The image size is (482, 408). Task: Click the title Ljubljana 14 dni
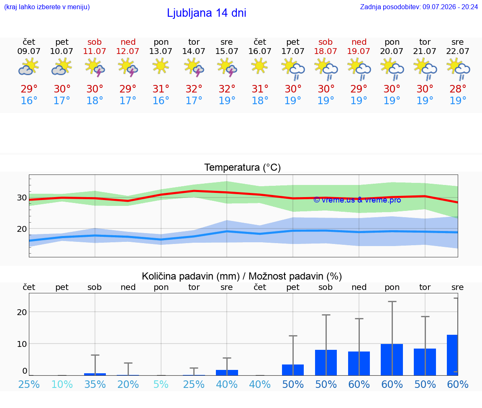(x=207, y=13)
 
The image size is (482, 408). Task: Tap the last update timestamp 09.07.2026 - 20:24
(x=450, y=7)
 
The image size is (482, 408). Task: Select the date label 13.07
(x=161, y=51)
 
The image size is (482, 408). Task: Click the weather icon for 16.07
(x=260, y=67)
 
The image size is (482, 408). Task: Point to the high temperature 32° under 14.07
(x=194, y=89)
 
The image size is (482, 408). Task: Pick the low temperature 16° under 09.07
(x=29, y=100)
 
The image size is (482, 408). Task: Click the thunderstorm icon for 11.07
(x=95, y=68)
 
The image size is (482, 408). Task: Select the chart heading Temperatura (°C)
(x=243, y=167)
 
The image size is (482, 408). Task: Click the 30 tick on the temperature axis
(x=22, y=198)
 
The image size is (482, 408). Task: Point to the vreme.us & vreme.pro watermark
(x=357, y=200)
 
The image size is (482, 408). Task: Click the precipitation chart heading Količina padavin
(x=191, y=276)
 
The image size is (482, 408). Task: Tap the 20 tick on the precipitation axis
(x=22, y=312)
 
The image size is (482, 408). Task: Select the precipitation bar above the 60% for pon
(x=392, y=360)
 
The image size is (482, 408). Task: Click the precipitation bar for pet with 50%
(x=293, y=370)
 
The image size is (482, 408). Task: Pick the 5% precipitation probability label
(x=161, y=384)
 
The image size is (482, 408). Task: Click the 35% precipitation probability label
(x=95, y=384)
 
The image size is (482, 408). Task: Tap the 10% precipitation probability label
(x=62, y=384)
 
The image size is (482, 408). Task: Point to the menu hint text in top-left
(x=47, y=7)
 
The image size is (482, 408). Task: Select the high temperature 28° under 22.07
(x=458, y=89)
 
